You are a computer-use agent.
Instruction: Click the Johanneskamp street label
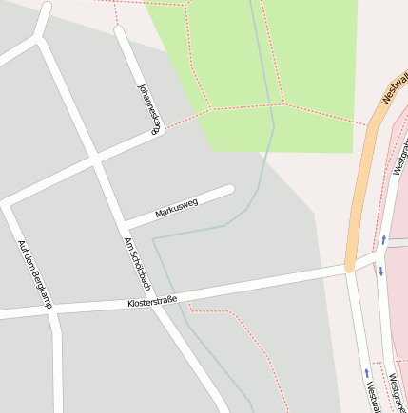click(148, 103)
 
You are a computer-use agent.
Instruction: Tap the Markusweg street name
click(177, 208)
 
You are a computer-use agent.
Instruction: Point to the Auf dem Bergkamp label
click(35, 273)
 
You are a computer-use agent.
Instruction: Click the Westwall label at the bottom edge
click(370, 393)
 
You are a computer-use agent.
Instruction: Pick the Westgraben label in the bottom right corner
click(396, 391)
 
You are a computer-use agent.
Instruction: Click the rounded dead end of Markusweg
click(228, 190)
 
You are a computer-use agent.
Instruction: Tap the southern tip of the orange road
click(350, 268)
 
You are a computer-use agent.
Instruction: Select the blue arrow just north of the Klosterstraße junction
click(384, 239)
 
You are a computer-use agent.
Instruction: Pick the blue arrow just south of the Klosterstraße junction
click(380, 272)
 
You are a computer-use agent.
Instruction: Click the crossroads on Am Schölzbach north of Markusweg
click(95, 161)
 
